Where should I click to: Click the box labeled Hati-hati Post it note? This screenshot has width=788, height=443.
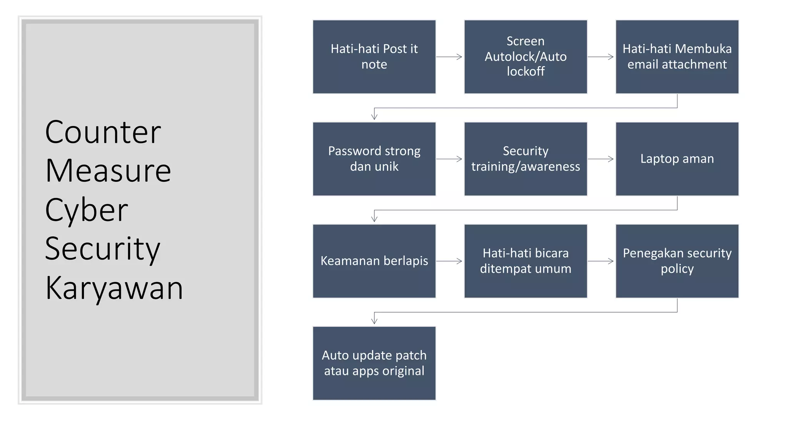tap(374, 57)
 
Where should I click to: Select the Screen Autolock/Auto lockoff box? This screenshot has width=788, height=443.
tap(526, 57)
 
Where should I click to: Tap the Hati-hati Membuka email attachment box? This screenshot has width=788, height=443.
tap(677, 57)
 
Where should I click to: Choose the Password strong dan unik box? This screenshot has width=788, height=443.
tap(374, 159)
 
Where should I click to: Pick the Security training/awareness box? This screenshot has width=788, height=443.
tap(526, 159)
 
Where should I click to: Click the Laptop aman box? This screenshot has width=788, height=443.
tap(677, 159)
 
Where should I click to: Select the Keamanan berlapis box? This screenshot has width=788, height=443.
tap(374, 261)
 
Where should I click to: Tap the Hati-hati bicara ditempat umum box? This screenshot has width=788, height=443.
tap(526, 261)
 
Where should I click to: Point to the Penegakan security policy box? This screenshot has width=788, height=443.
tap(677, 261)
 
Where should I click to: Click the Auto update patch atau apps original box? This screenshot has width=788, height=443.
tap(374, 363)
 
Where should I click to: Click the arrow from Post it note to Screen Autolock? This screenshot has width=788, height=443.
tap(449, 57)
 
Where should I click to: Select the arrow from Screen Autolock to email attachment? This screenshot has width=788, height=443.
tap(601, 57)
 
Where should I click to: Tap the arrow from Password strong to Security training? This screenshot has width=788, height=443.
tap(449, 159)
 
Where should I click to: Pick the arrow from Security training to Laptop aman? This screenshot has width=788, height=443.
tap(601, 159)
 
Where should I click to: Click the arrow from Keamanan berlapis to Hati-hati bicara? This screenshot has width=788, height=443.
tap(449, 261)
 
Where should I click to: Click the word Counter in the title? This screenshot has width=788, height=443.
tap(103, 132)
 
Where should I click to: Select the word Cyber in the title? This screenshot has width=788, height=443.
tap(87, 210)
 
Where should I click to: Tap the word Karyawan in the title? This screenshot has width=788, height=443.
tap(114, 288)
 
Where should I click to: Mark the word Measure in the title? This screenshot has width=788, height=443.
tap(108, 171)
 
